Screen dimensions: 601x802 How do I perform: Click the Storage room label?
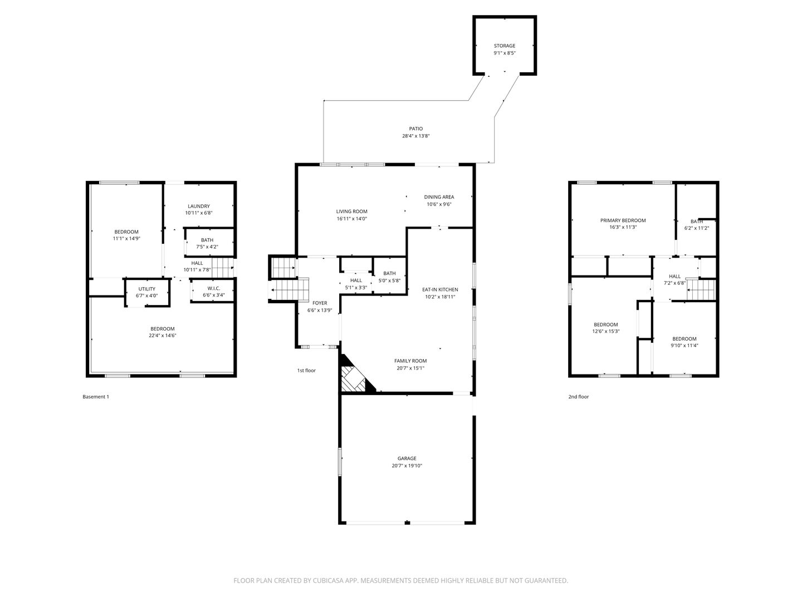(x=504, y=46)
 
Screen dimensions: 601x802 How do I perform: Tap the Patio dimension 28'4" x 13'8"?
(x=415, y=136)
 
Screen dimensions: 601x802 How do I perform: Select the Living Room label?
(x=351, y=211)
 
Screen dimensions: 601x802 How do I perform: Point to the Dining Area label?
(x=439, y=197)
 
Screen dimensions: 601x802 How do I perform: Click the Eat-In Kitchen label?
(x=440, y=289)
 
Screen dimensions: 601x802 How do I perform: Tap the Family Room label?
(x=410, y=361)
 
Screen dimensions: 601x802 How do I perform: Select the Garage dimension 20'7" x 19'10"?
(x=407, y=466)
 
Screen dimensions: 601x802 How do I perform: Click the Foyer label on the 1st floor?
(x=320, y=303)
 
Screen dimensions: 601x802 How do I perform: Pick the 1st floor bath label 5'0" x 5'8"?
(x=389, y=280)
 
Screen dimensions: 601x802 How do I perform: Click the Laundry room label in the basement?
(x=199, y=206)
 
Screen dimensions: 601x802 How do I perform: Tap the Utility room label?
(x=147, y=289)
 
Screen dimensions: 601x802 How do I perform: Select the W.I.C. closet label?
(x=214, y=288)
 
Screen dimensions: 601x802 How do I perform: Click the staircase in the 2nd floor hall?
(x=701, y=289)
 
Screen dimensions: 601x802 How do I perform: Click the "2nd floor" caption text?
(x=578, y=397)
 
